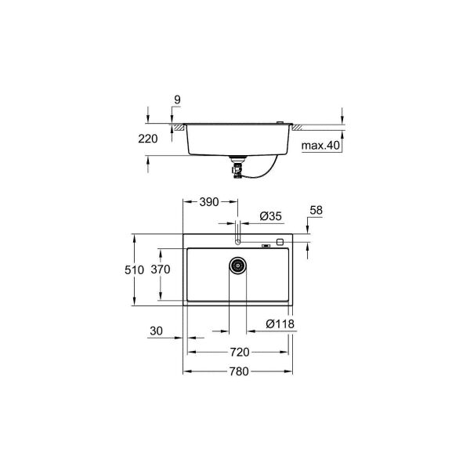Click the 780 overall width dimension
click(239, 371)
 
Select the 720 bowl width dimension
click(239, 352)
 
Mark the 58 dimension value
click(316, 211)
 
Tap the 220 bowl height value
click(147, 139)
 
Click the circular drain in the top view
click(238, 266)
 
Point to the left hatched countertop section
click(179, 125)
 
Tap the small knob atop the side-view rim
click(280, 121)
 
